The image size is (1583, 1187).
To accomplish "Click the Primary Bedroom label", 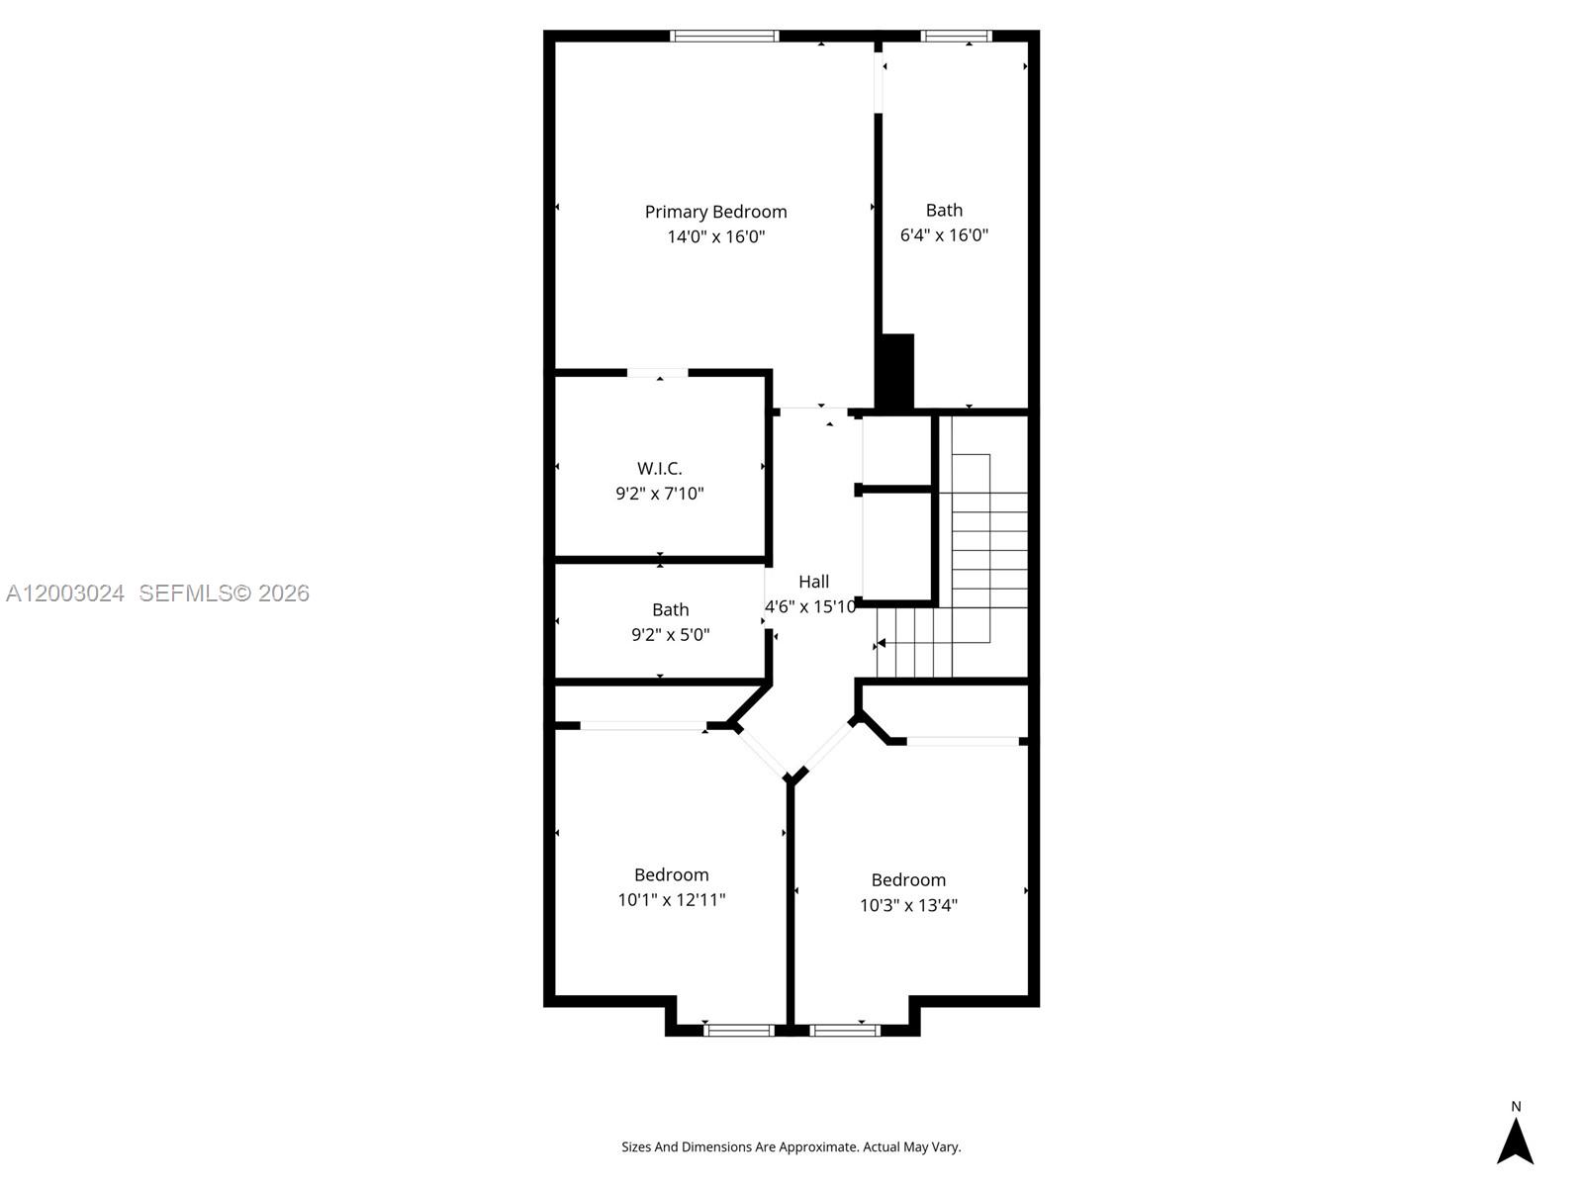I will [715, 212].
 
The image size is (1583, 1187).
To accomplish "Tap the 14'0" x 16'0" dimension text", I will [715, 236].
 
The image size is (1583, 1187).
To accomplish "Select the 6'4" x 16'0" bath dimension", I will [944, 235].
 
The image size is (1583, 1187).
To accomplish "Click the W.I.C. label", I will [659, 469].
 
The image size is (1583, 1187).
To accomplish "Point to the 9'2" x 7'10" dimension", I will [659, 494].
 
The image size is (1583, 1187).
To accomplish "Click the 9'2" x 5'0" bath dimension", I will [670, 635].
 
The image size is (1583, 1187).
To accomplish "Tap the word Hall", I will [813, 582].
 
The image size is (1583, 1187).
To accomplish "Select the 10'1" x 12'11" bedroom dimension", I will [671, 900].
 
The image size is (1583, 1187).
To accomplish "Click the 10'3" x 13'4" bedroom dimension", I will [908, 905].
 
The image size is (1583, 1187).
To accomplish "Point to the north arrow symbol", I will [1515, 1141].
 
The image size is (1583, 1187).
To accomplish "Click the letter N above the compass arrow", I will [1516, 1107].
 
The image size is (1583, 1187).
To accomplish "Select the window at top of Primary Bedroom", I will [724, 37].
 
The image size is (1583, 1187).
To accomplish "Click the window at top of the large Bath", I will [956, 37].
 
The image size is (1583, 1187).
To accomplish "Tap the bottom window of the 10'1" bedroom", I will [739, 1031].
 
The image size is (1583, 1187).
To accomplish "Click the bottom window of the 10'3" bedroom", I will [844, 1031].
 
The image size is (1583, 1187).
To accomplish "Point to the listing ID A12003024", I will [65, 593].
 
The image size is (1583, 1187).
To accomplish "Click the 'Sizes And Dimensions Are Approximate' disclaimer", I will [791, 1147].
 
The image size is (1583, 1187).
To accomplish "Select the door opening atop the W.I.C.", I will [658, 374].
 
